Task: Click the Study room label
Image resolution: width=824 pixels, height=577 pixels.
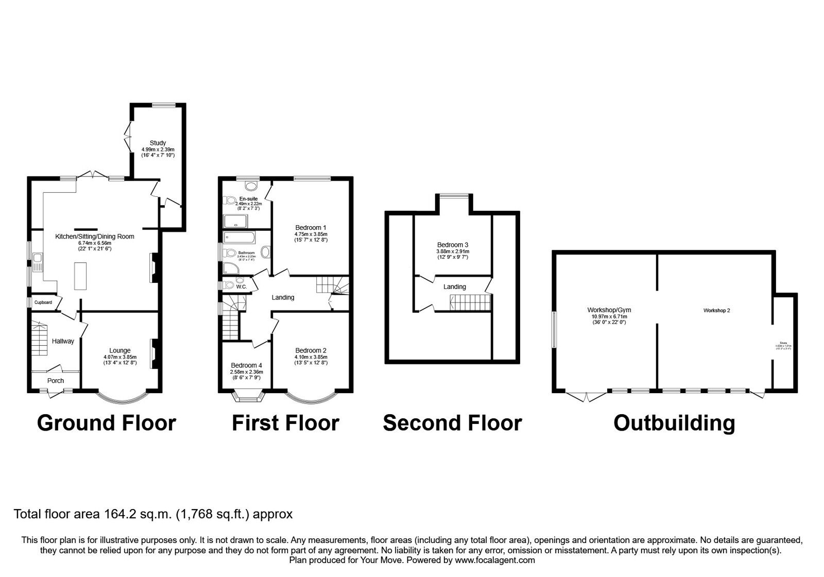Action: [158, 143]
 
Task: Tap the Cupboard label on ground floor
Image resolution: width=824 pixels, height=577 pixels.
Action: [43, 302]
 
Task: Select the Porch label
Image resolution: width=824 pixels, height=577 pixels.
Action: [56, 381]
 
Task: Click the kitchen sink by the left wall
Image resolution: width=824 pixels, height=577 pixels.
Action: [37, 262]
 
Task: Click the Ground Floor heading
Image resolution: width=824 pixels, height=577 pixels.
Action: [107, 423]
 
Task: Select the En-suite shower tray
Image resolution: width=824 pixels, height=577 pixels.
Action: [235, 222]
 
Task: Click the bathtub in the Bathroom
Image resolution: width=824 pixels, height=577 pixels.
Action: [239, 238]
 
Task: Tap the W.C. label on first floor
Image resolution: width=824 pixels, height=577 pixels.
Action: [242, 287]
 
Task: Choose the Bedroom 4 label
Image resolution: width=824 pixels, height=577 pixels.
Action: [247, 366]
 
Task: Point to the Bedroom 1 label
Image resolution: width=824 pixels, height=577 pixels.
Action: [311, 227]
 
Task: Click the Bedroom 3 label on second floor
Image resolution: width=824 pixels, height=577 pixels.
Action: [453, 245]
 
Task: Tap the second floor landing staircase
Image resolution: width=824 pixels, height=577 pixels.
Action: [468, 302]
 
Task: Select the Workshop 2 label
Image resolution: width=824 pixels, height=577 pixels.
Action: [716, 311]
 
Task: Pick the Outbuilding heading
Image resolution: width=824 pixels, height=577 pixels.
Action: [674, 423]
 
